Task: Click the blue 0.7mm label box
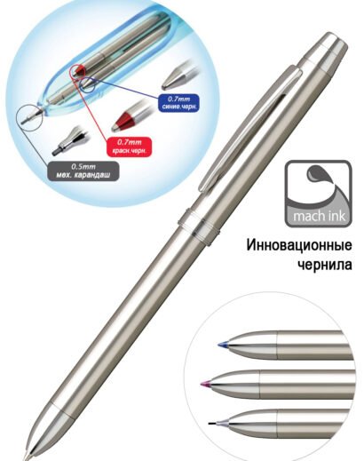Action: pyautogui.click(x=178, y=103)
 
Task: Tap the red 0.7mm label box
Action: pyautogui.click(x=129, y=147)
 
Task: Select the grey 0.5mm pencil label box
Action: pyautogui.click(x=83, y=171)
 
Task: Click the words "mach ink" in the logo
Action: pyautogui.click(x=319, y=216)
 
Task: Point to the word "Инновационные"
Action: pyautogui.click(x=299, y=245)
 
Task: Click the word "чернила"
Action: pyautogui.click(x=325, y=264)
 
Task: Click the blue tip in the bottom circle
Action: pyautogui.click(x=222, y=345)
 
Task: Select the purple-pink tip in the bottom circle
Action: pyautogui.click(x=205, y=384)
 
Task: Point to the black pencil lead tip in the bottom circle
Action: pyautogui.click(x=212, y=424)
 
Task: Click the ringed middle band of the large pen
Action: pyautogui.click(x=199, y=227)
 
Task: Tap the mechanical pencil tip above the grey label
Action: pyautogui.click(x=67, y=141)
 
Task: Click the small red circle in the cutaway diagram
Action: pyautogui.click(x=78, y=71)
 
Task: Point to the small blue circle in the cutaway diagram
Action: pyautogui.click(x=88, y=84)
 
